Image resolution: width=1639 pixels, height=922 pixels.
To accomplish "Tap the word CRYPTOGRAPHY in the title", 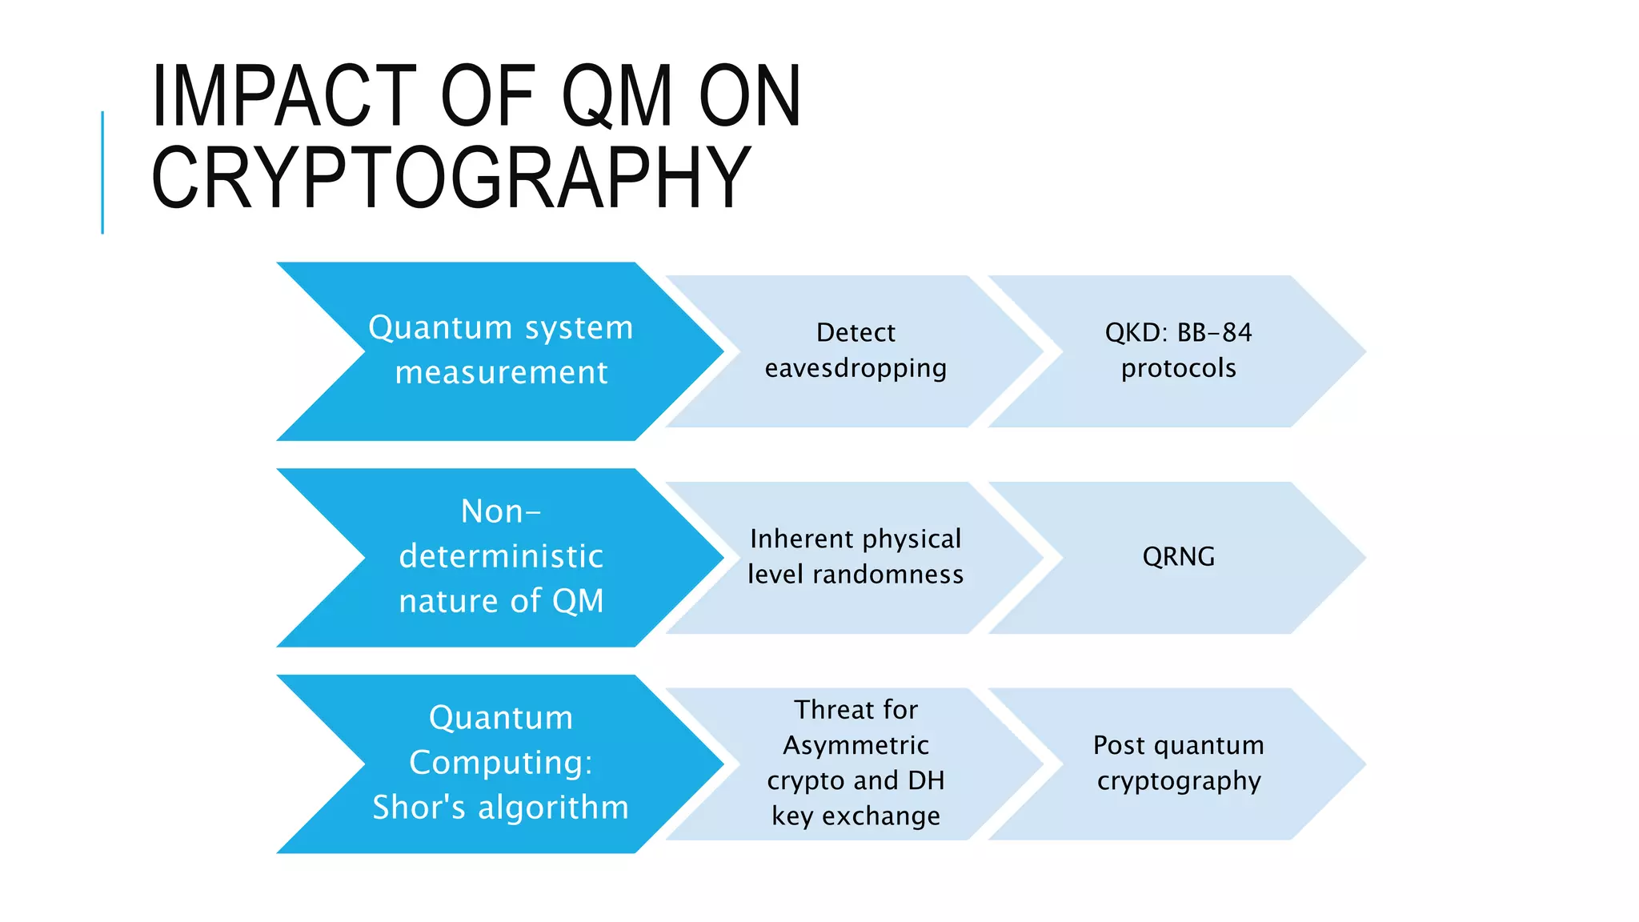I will point(451,178).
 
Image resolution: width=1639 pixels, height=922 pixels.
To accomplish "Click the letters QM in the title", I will point(617,96).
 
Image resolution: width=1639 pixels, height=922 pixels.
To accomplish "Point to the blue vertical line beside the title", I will point(102,172).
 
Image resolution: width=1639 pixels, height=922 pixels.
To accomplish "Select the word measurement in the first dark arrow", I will point(501,373).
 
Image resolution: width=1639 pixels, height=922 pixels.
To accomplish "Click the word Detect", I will point(856,332).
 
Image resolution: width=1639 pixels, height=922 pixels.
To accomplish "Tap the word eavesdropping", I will point(856,368).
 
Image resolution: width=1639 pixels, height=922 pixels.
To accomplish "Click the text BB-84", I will point(1214,332).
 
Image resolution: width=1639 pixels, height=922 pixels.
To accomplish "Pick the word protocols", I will point(1178,368).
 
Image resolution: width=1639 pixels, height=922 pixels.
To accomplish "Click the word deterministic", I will point(501,556).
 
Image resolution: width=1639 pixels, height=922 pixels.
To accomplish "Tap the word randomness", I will point(888,575).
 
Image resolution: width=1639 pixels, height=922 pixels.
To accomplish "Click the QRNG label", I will point(1178,556).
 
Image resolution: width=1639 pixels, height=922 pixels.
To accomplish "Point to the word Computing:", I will point(501,762).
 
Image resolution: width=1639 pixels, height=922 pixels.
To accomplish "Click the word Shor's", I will point(419,807).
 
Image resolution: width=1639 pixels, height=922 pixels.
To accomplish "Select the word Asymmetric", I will point(856,745).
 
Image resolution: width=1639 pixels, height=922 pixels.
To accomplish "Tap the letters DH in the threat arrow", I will point(926,780).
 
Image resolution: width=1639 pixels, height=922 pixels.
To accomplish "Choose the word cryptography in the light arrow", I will point(1178,780).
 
